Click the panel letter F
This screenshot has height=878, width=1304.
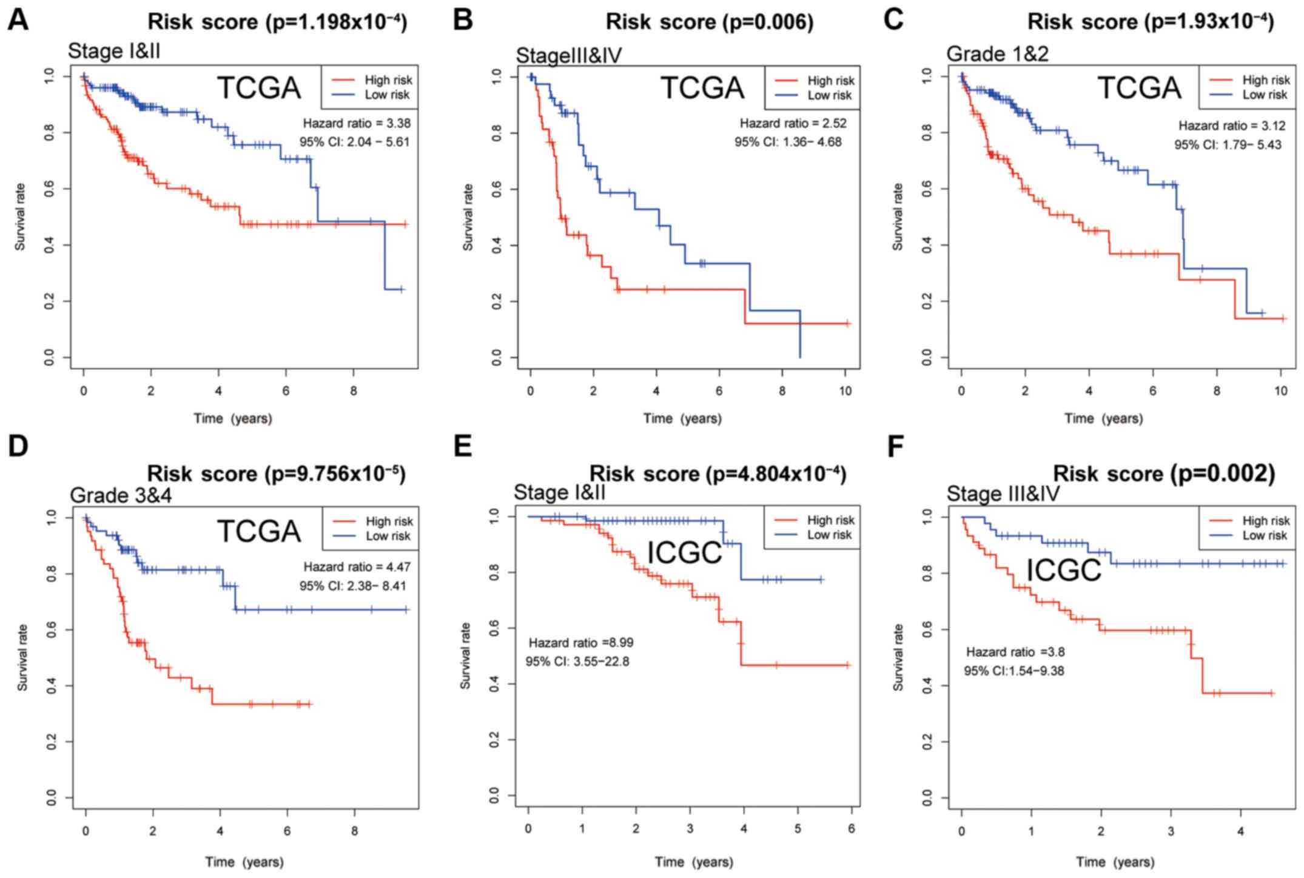pyautogui.click(x=896, y=447)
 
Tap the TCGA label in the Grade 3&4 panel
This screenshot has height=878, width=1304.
pyautogui.click(x=259, y=532)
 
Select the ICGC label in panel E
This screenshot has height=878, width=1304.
pyautogui.click(x=685, y=552)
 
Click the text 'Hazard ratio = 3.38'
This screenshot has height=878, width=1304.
pyautogui.click(x=357, y=123)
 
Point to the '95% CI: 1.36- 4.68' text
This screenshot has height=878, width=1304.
pyautogui.click(x=788, y=142)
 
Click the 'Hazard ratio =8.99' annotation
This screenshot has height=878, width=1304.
pyautogui.click(x=581, y=643)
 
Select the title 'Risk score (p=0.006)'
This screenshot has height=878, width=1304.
pyautogui.click(x=710, y=22)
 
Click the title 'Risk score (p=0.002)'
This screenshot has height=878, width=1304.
pyautogui.click(x=1163, y=474)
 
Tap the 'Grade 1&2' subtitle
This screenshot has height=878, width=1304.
pyautogui.click(x=997, y=54)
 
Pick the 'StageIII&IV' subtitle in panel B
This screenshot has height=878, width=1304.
pyautogui.click(x=569, y=56)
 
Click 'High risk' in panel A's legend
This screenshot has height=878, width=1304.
pyautogui.click(x=388, y=80)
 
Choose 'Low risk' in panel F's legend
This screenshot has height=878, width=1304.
pyautogui.click(x=1265, y=535)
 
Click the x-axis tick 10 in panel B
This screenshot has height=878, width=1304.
pyautogui.click(x=845, y=391)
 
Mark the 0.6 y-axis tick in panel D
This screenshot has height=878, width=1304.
pyautogui.click(x=52, y=630)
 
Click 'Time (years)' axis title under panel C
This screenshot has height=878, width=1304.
pyautogui.click(x=1103, y=418)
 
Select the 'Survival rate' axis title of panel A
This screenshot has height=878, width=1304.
pyautogui.click(x=21, y=216)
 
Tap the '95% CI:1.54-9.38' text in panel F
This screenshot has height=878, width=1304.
pyautogui.click(x=1013, y=671)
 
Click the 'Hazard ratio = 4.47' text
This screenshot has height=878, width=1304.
pyautogui.click(x=357, y=567)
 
